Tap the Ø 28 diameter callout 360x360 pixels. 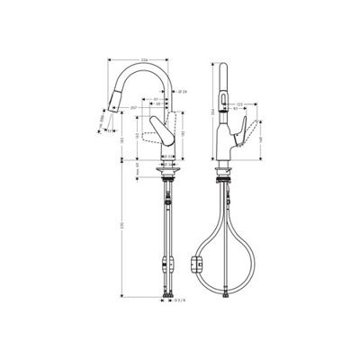[183, 91]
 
